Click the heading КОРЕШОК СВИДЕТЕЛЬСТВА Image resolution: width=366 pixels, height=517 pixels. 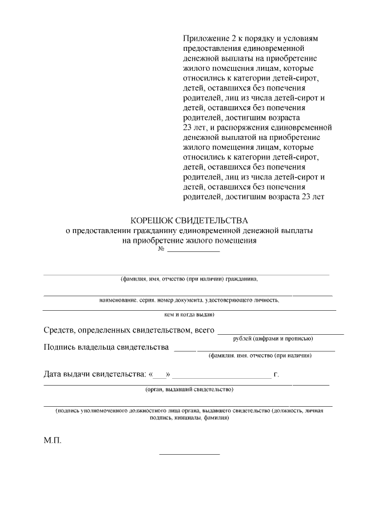tap(189, 220)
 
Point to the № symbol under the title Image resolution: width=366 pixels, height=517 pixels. tap(161, 250)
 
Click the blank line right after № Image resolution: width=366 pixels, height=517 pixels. tap(193, 251)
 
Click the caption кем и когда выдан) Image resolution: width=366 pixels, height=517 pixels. tap(189, 314)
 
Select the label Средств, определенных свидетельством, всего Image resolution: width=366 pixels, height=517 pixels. tap(129, 330)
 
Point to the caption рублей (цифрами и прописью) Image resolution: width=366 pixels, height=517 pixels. tap(273, 339)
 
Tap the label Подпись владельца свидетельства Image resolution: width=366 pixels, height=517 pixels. tap(106, 347)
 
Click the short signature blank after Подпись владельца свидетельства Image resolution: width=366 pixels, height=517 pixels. tap(184, 350)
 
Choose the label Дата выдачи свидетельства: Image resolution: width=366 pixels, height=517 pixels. tap(95, 375)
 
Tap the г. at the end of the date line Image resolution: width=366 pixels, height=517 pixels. tap(276, 375)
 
